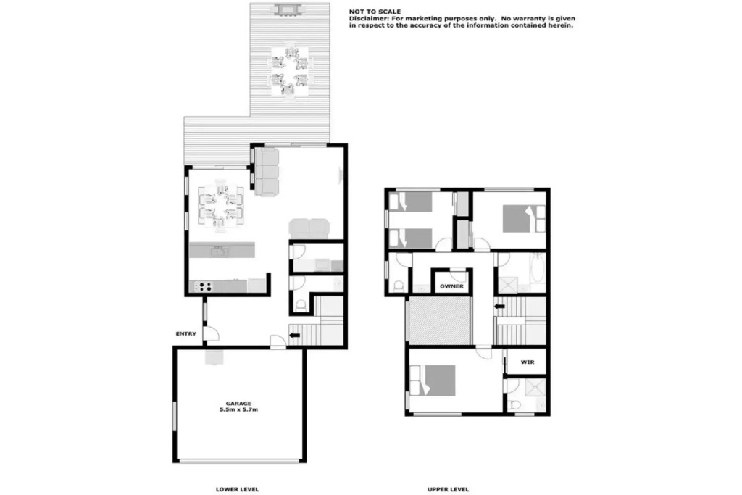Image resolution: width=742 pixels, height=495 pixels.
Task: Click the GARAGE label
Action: click(x=238, y=404)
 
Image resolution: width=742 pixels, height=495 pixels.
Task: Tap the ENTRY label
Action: click(x=186, y=333)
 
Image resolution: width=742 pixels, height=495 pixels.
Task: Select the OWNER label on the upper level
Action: click(x=451, y=286)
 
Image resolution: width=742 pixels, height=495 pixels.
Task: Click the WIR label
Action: click(x=528, y=362)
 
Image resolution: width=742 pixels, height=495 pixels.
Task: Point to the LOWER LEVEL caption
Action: click(x=237, y=489)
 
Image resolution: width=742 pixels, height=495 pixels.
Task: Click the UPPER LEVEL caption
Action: click(x=448, y=489)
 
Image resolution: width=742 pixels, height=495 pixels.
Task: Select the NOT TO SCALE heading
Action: click(x=375, y=12)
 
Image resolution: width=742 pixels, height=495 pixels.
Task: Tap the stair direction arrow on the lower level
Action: click(x=294, y=336)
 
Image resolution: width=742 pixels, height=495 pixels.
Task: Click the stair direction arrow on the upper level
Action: click(x=500, y=307)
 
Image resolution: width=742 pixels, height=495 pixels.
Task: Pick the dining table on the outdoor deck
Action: click(x=290, y=70)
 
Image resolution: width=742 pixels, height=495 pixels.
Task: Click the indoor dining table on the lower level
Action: click(x=221, y=207)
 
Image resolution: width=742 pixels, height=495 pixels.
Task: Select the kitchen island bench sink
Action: click(x=219, y=250)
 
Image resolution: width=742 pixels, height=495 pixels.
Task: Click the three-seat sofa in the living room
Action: click(x=267, y=172)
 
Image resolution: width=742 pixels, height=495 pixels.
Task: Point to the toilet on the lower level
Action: click(x=301, y=307)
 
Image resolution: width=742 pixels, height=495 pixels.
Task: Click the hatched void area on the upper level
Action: click(x=440, y=321)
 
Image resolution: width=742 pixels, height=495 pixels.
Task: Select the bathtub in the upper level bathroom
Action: click(x=538, y=273)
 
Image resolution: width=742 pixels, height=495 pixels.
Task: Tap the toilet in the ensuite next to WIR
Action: click(x=514, y=405)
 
